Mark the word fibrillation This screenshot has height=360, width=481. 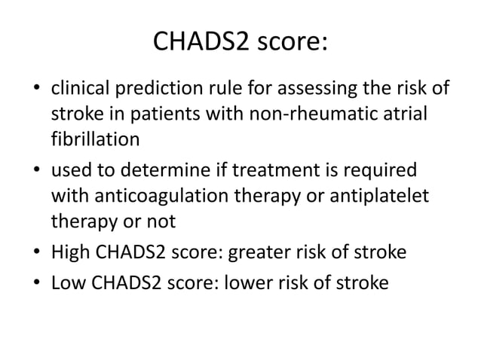tap(85, 139)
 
